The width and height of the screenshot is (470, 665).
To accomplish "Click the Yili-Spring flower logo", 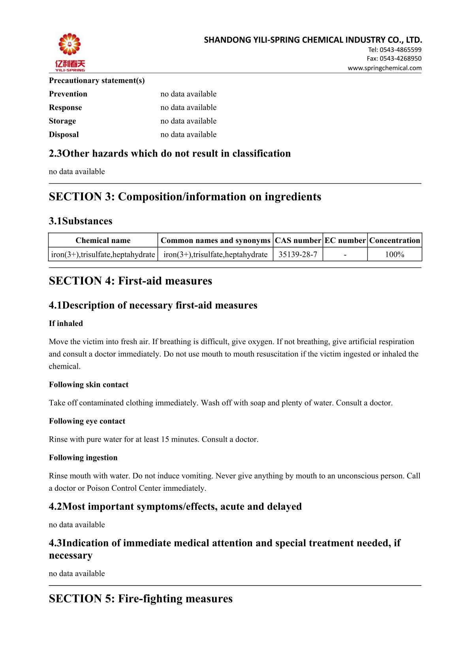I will pos(70,45).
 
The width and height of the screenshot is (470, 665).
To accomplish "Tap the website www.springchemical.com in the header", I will pos(384,68).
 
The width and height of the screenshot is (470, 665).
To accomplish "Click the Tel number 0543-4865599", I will pos(395,50).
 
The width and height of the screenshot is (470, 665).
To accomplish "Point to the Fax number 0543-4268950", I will pos(394,58).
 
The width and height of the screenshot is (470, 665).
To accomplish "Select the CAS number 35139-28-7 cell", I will pos(298,254).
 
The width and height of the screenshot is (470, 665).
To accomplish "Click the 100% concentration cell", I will pos(395,254).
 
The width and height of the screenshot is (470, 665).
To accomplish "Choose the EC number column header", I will pos(345,241).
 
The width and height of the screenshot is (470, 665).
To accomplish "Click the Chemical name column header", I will pos(103,241).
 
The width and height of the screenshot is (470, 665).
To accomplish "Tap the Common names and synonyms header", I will pos(216,241).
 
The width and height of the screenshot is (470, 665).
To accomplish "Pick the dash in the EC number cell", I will pos(345,254).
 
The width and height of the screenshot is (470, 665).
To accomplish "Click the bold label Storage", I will pos(62,121).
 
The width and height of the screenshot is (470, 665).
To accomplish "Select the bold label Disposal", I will pos(64,134).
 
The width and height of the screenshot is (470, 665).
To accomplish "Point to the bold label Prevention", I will pos(68,94).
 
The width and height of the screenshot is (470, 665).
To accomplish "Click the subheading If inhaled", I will pos(66,324).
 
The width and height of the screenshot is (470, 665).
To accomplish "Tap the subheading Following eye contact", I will pos(87,421).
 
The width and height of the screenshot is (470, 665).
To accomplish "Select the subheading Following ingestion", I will pos(83,458).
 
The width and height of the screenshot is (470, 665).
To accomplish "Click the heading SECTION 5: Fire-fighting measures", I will pos(141,599).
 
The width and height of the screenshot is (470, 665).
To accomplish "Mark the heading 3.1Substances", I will pos(81,221).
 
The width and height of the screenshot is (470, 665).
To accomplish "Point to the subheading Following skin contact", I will pos(88,385).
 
